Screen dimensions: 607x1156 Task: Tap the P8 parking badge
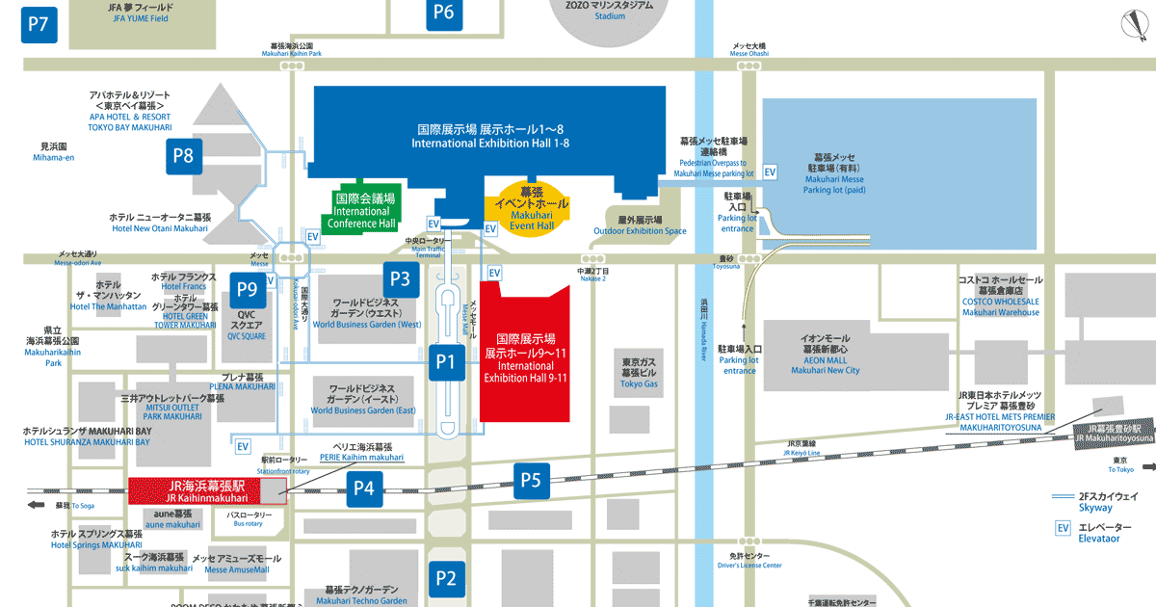point(184,155)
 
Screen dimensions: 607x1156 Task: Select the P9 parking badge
point(248,288)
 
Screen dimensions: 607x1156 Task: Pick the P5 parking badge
point(533,479)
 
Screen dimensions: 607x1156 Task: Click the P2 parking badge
point(445,579)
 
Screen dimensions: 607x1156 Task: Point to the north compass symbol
point(1136,25)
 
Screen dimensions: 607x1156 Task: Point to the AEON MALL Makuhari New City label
point(825,355)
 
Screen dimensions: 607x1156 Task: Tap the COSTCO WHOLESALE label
point(1000,301)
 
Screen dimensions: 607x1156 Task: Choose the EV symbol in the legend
point(1063,528)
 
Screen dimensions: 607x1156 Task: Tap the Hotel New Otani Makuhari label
point(159,223)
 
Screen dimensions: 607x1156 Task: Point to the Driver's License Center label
point(749,561)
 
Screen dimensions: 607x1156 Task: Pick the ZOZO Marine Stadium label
point(610,10)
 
